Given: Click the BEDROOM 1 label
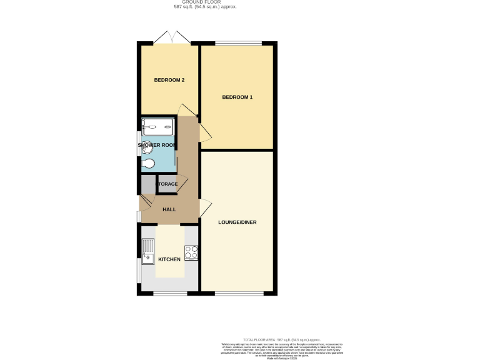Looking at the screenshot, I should (x=237, y=97).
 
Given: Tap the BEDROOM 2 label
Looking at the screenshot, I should (x=169, y=80).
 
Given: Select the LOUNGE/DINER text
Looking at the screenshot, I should (x=237, y=222).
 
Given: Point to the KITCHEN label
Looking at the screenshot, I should (x=169, y=259).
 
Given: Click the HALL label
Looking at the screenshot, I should (x=169, y=209).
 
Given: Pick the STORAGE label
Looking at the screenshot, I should (x=168, y=184).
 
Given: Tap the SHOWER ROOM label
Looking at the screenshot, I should (x=157, y=145).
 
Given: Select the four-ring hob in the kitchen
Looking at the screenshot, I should (x=191, y=253).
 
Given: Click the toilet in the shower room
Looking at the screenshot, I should (x=147, y=165).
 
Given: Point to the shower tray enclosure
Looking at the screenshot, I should (x=158, y=127).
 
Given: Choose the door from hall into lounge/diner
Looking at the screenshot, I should (x=205, y=208).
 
